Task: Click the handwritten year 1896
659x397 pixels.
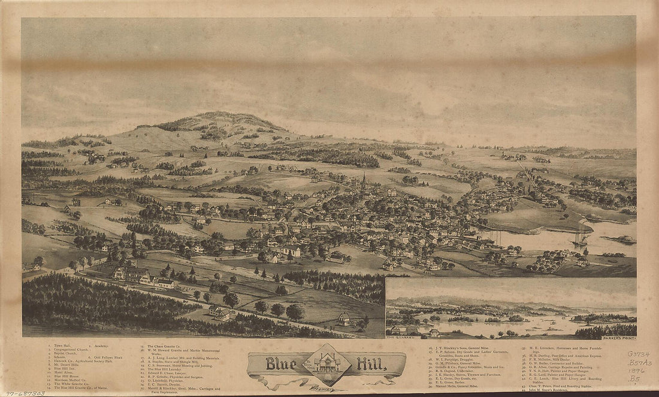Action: [638, 371]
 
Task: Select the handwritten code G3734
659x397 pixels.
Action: [639, 354]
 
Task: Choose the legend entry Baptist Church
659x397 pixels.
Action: [63, 354]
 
